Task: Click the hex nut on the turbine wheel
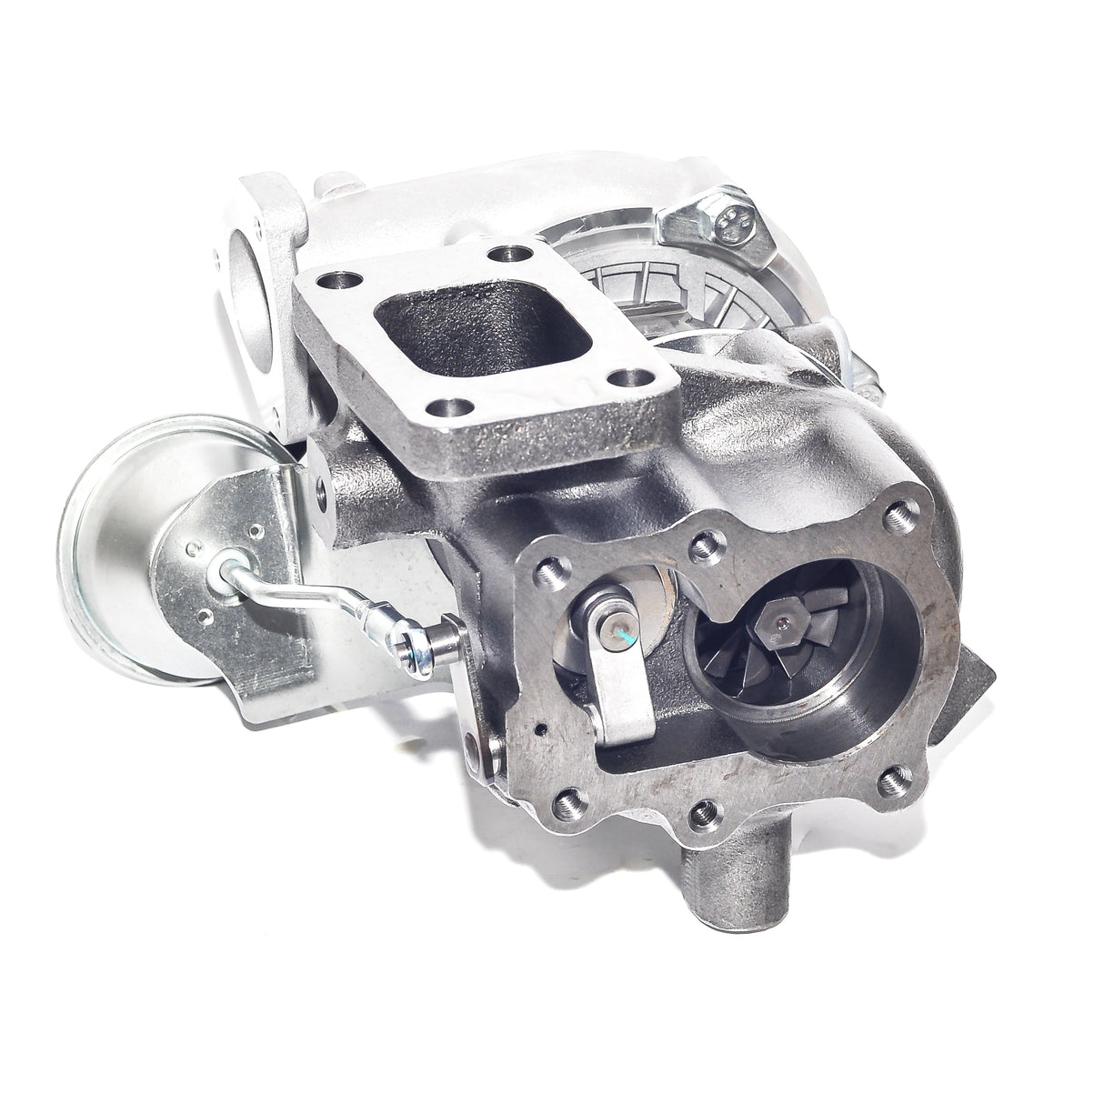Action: pos(780,622)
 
